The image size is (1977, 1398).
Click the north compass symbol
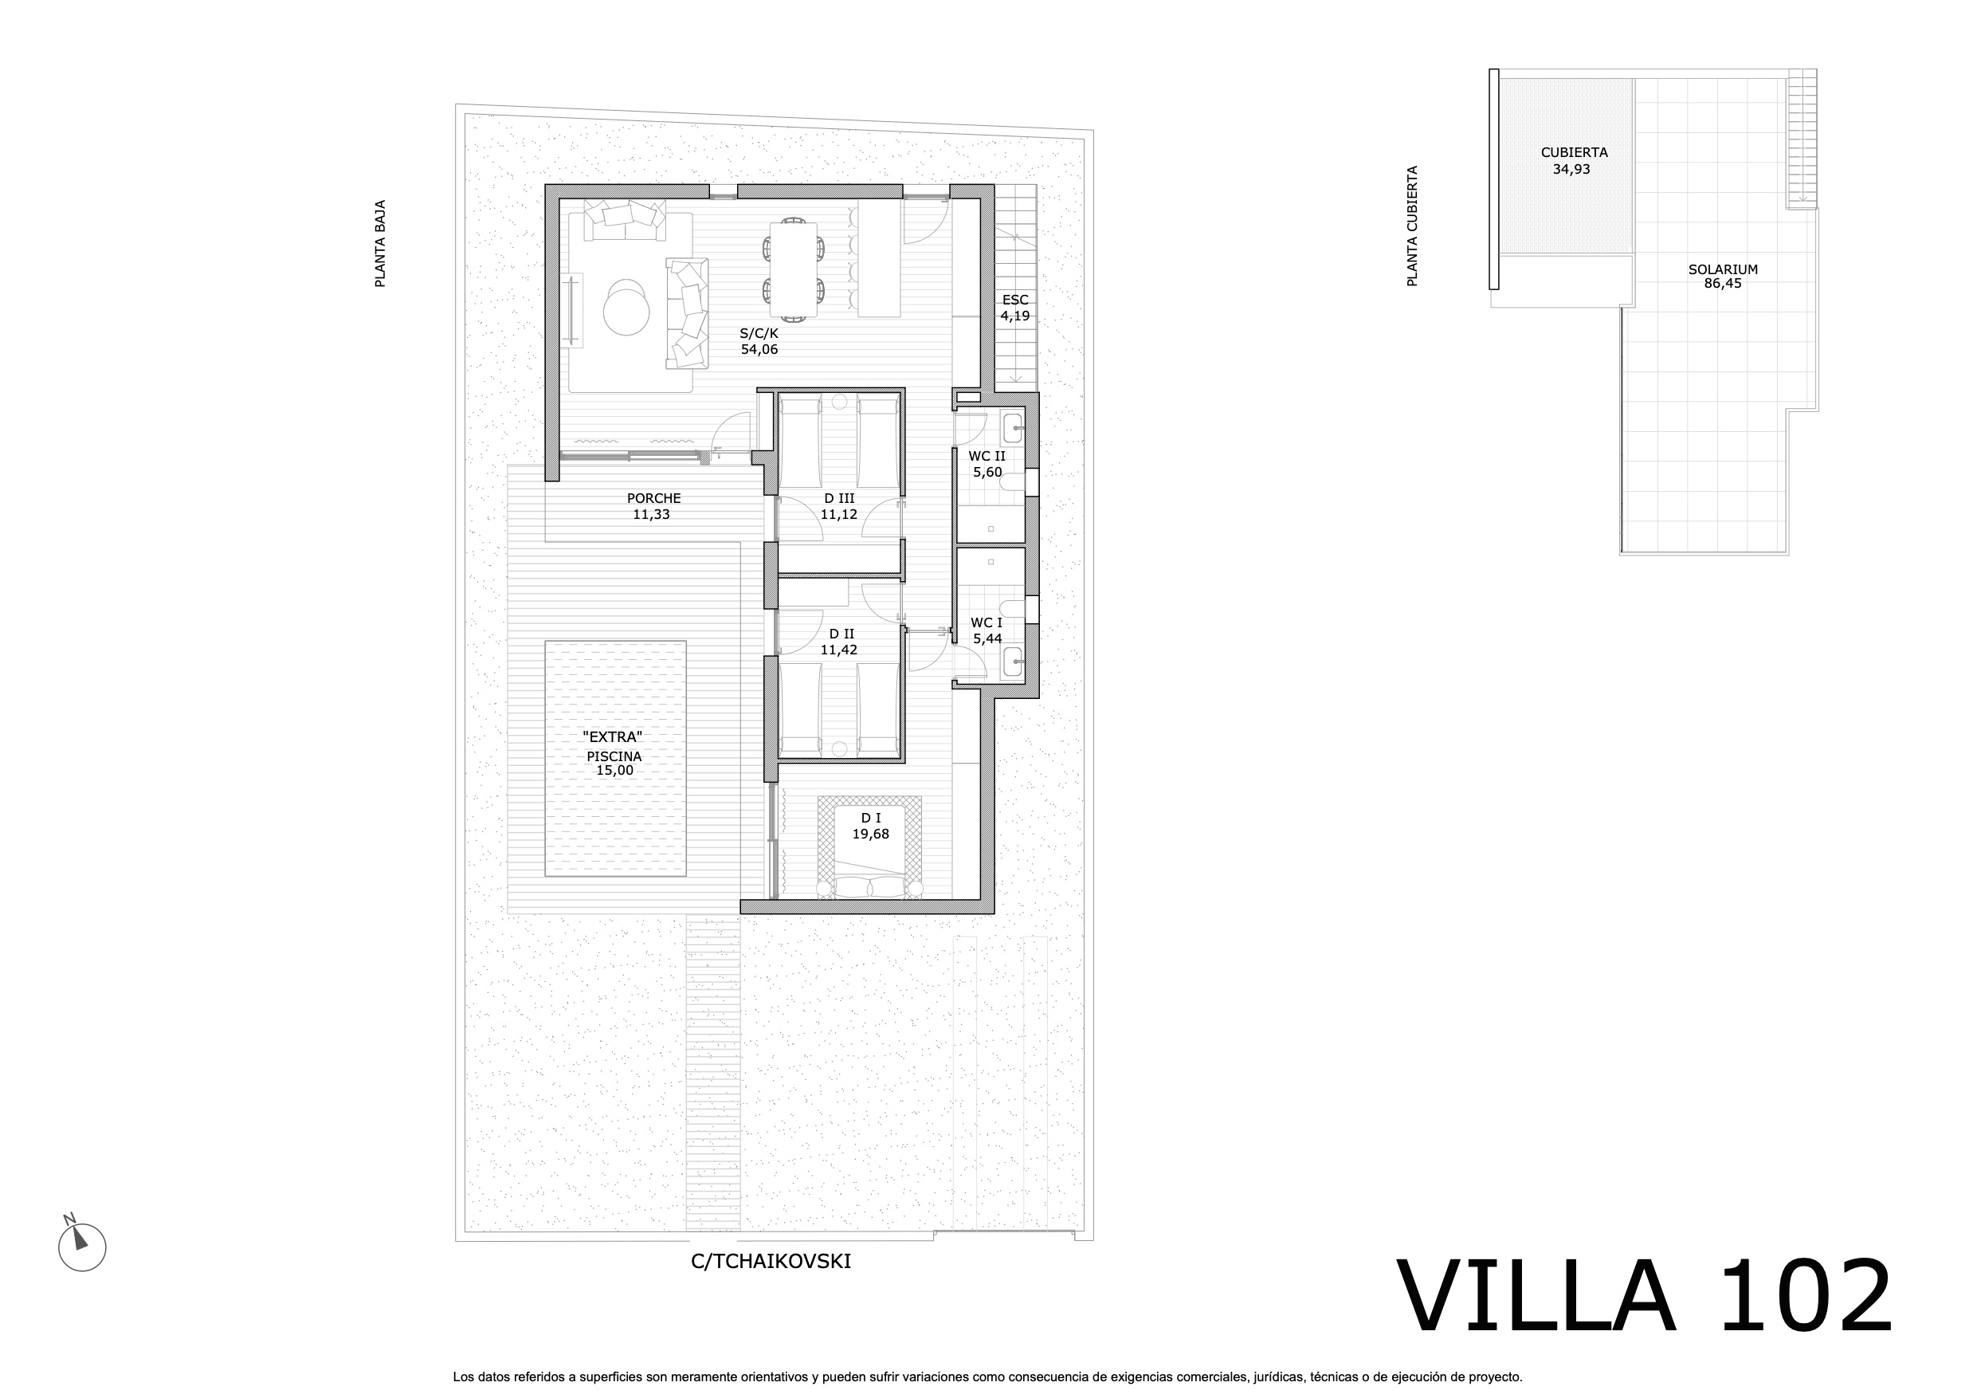pyautogui.click(x=82, y=1246)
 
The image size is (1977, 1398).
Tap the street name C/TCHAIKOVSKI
pyautogui.click(x=771, y=1262)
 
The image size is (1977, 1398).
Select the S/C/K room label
pyautogui.click(x=759, y=333)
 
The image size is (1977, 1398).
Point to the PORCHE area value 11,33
pyautogui.click(x=651, y=515)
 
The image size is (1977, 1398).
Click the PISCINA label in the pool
pyautogui.click(x=614, y=756)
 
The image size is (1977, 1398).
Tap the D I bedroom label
pyautogui.click(x=870, y=819)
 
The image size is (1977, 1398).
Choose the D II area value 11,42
pyautogui.click(x=838, y=650)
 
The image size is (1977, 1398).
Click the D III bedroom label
pyautogui.click(x=838, y=499)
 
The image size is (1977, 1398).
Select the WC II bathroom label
pyautogui.click(x=987, y=457)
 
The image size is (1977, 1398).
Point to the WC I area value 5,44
pyautogui.click(x=987, y=639)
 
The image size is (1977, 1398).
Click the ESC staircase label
pyautogui.click(x=1015, y=300)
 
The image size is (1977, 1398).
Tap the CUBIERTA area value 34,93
pyautogui.click(x=1571, y=170)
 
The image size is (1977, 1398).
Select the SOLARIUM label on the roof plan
pyautogui.click(x=1723, y=269)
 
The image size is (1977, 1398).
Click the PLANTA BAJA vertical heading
pyautogui.click(x=380, y=244)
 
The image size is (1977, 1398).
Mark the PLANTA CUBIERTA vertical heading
pyautogui.click(x=1412, y=226)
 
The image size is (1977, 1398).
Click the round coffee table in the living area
pyautogui.click(x=626, y=308)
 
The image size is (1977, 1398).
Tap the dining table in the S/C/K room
pyautogui.click(x=793, y=269)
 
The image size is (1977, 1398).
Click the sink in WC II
pyautogui.click(x=1013, y=428)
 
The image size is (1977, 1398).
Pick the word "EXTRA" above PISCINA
pyautogui.click(x=612, y=737)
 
